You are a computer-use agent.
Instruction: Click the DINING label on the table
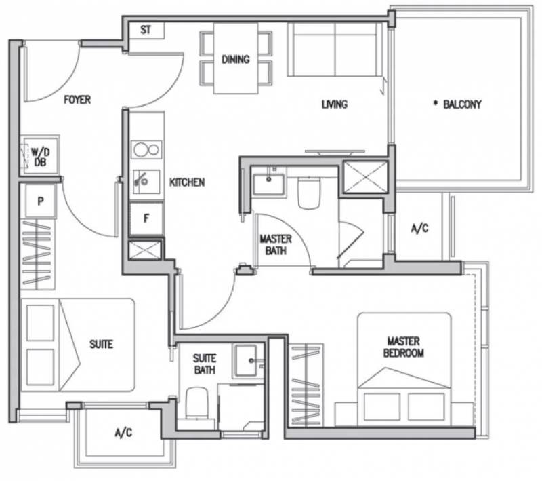(x=235, y=59)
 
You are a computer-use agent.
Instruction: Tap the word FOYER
(x=77, y=100)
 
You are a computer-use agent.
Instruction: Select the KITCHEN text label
(x=187, y=182)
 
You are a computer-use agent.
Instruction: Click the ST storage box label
(x=146, y=30)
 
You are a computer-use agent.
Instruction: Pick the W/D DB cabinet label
(x=41, y=157)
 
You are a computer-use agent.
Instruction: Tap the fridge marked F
(x=146, y=218)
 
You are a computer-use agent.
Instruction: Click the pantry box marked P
(x=41, y=201)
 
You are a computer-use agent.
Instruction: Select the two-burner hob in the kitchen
(x=146, y=150)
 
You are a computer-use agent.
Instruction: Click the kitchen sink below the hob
(x=146, y=182)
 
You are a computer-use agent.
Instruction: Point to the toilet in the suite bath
(x=197, y=404)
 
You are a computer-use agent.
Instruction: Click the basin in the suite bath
(x=247, y=361)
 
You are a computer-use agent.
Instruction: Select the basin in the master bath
(x=268, y=185)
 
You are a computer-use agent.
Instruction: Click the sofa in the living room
(x=335, y=50)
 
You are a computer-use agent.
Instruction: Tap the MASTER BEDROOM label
(x=403, y=347)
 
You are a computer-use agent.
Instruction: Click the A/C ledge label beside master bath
(x=419, y=228)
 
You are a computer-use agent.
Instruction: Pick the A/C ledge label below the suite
(x=123, y=433)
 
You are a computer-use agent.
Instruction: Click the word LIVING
(x=334, y=104)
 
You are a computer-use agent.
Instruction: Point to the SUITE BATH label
(x=205, y=364)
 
